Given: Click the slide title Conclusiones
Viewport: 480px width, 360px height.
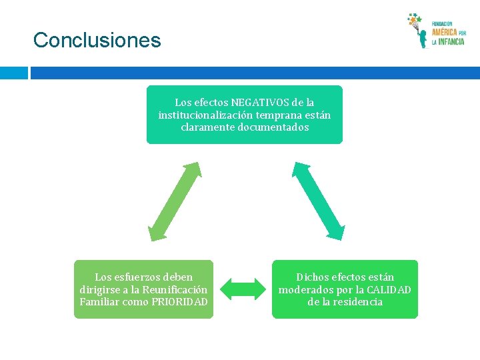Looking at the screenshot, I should coord(97,40).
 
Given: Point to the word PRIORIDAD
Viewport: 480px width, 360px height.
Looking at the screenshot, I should coord(180,301).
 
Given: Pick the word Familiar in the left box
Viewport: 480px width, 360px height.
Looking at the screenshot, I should coord(101,301).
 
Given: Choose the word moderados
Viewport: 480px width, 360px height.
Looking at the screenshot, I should coord(309,289).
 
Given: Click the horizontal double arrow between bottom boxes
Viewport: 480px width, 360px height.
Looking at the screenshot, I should coord(243,289).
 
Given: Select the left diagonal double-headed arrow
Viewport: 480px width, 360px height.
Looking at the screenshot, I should coord(175,201).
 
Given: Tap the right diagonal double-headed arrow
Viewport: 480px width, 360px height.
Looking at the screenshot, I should coord(319,201).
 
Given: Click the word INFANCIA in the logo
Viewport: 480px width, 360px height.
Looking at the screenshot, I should coord(451,41).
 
